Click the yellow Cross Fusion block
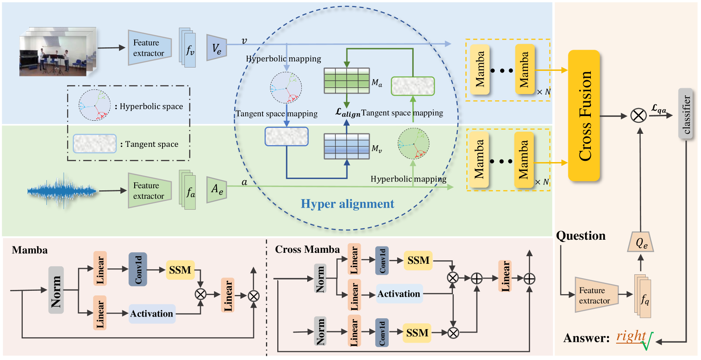(584, 116)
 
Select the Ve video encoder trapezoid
(217, 48)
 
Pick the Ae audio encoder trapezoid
(217, 189)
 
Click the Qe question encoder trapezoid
(641, 242)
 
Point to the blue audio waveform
(62, 191)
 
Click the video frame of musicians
(57, 52)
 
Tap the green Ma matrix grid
(346, 81)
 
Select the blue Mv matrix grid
(346, 146)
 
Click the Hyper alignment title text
(347, 204)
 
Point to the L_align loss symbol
(348, 113)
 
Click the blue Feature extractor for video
(150, 48)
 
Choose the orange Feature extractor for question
(596, 295)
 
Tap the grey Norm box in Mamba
(56, 290)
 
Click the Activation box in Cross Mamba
(399, 294)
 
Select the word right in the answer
(631, 336)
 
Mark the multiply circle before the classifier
(639, 116)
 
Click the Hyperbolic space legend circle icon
(95, 106)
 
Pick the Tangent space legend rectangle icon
(95, 143)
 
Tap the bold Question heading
(581, 236)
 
